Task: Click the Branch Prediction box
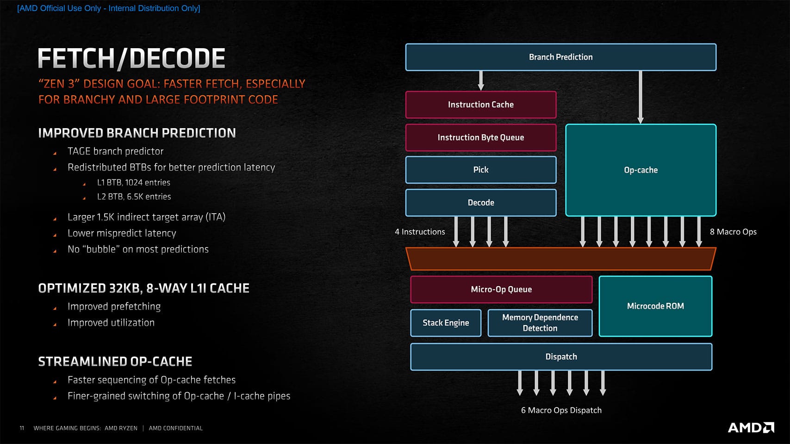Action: click(560, 57)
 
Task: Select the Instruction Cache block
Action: click(480, 105)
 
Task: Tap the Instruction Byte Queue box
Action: click(480, 137)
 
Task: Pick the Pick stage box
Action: click(480, 170)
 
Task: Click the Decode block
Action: click(480, 203)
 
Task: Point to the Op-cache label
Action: click(641, 170)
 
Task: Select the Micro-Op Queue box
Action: click(501, 290)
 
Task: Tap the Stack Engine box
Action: click(445, 323)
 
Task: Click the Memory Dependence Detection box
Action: click(540, 323)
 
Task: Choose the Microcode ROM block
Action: click(655, 306)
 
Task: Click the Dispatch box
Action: click(560, 357)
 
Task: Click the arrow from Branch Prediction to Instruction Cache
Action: click(481, 80)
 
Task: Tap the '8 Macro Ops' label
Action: click(733, 232)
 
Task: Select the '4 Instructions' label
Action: click(420, 232)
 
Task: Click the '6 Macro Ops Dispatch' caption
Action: click(561, 410)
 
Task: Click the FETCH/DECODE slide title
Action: click(131, 59)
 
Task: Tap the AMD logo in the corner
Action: click(751, 427)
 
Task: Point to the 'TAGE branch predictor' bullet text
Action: click(115, 151)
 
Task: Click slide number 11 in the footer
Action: click(22, 428)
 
